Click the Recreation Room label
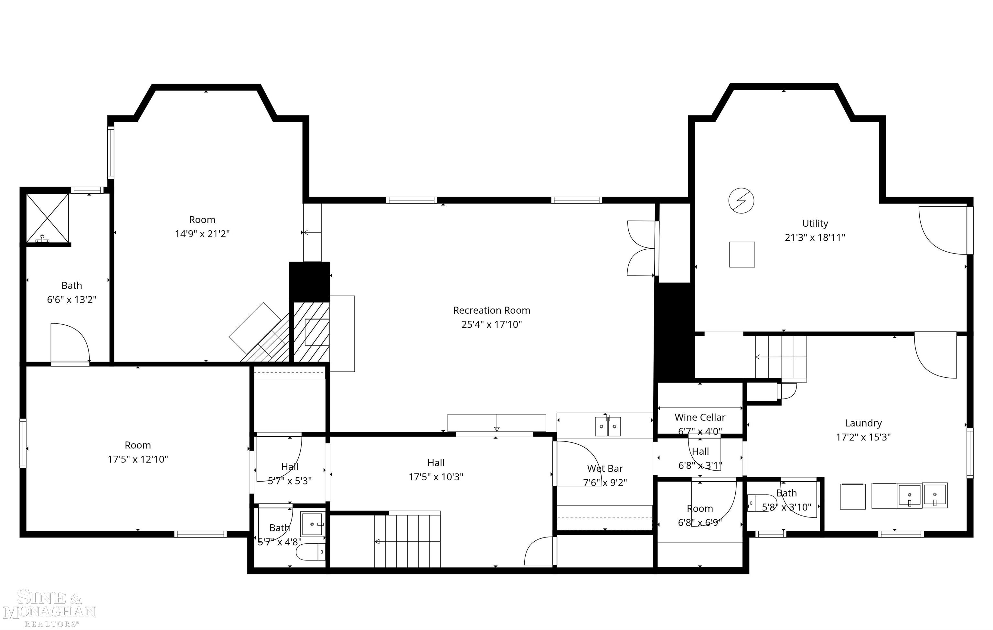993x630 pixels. (491, 310)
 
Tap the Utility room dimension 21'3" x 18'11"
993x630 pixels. (815, 238)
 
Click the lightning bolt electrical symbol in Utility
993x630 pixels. (741, 201)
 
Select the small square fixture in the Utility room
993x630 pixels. (742, 255)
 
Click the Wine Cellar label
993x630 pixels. (699, 417)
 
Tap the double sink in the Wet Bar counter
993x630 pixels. (607, 427)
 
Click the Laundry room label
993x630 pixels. (863, 423)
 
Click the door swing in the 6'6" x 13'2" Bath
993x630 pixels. (69, 343)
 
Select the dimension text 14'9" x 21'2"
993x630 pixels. (202, 234)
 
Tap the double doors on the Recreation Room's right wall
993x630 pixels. (641, 248)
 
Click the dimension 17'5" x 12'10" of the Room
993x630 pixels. (138, 459)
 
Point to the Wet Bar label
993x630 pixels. (604, 468)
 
